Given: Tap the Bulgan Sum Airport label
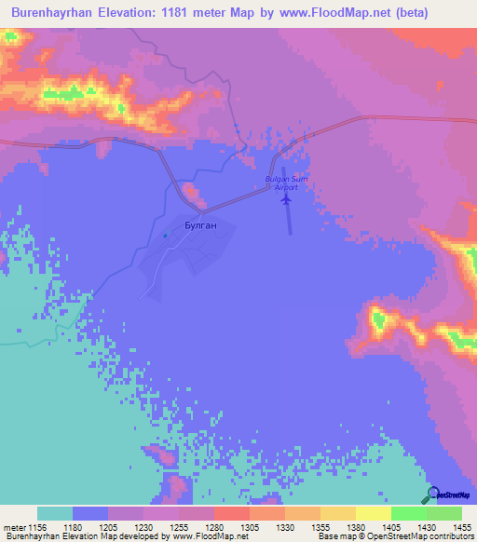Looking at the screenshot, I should coord(286,183).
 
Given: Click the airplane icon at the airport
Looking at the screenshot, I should coord(285,198).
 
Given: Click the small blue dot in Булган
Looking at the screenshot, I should coord(165,235).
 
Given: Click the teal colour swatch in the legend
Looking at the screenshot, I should coord(55,513).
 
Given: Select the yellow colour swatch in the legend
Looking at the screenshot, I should coord(374,513).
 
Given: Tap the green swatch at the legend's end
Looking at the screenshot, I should coord(444,513).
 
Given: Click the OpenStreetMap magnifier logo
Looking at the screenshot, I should coord(431,495).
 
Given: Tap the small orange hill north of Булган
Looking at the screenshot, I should coord(193,195).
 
